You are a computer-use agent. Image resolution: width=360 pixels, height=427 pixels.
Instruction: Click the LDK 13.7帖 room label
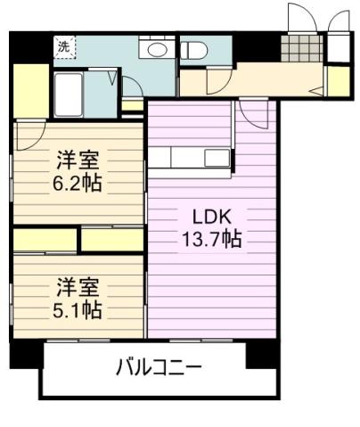[x=208, y=229]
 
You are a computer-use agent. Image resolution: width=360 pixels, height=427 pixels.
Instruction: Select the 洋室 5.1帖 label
[x=78, y=298]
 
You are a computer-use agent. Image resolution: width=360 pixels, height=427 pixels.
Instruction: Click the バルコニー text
[x=159, y=366]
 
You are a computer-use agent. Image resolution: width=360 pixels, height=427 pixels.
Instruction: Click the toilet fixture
[x=193, y=50]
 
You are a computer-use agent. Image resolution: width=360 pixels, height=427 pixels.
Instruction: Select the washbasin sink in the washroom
[x=159, y=49]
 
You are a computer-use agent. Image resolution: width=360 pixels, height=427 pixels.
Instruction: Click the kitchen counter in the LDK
[x=190, y=158]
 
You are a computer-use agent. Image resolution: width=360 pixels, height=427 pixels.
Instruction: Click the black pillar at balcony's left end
[x=27, y=354]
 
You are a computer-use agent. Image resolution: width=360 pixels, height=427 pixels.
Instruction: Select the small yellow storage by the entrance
[x=338, y=82]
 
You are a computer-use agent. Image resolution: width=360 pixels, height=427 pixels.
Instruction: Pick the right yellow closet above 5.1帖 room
[x=112, y=240]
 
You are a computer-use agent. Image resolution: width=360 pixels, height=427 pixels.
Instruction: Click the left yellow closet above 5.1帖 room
[x=45, y=240]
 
